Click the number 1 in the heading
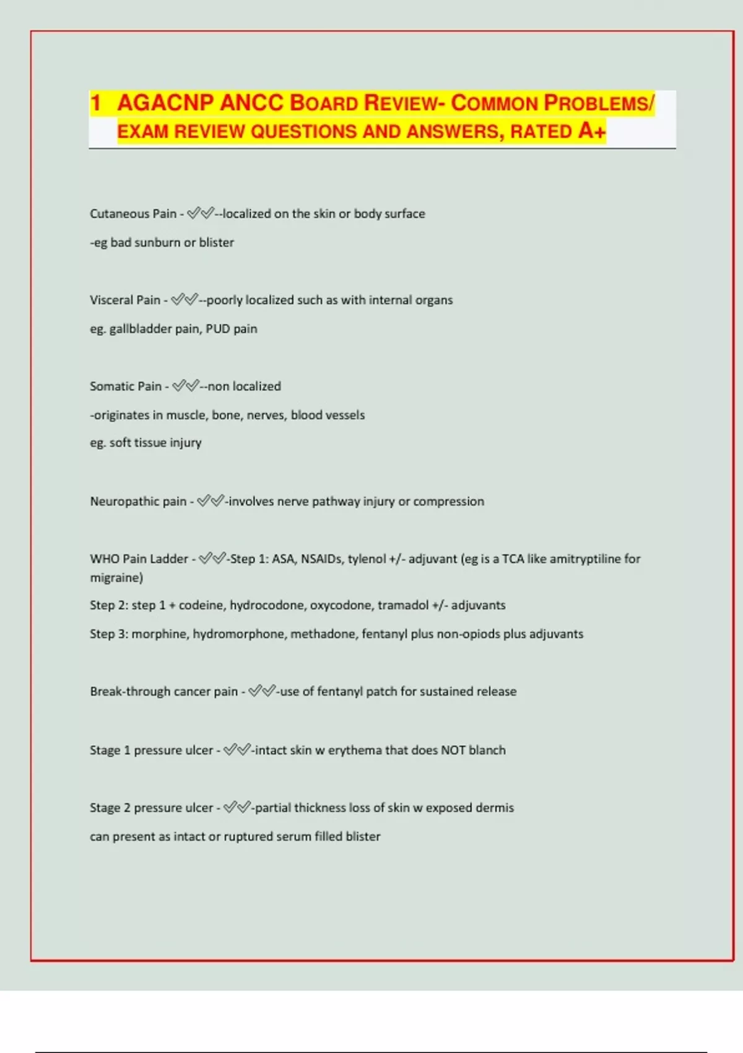(x=95, y=103)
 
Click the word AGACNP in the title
(x=165, y=103)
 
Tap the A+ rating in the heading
(x=592, y=131)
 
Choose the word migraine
(x=116, y=578)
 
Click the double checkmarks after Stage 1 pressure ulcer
(x=237, y=750)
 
